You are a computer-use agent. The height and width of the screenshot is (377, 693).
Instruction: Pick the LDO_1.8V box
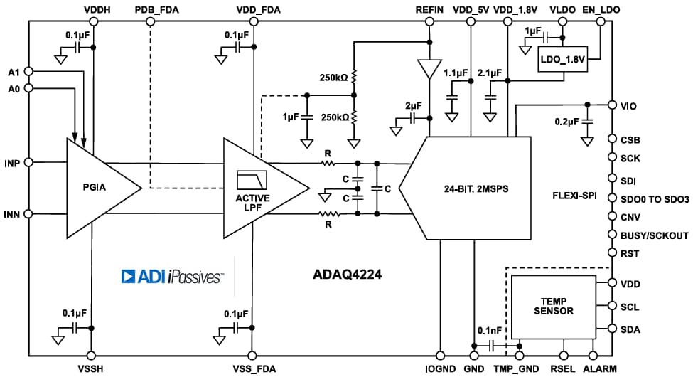point(562,61)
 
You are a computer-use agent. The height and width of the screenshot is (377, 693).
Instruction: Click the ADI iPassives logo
point(173,277)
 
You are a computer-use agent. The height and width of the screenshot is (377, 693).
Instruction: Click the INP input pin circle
point(29,162)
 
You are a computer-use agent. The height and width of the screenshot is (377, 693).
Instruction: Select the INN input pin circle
point(29,213)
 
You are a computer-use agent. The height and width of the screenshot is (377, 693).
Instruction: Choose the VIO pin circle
point(611,105)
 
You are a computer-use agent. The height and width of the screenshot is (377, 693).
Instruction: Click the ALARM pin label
point(601,368)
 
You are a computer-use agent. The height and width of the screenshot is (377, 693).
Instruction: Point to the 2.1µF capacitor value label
point(490,73)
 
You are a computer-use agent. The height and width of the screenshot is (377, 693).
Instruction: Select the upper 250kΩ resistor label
point(333,78)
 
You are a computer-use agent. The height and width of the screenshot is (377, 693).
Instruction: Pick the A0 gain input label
point(13,88)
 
